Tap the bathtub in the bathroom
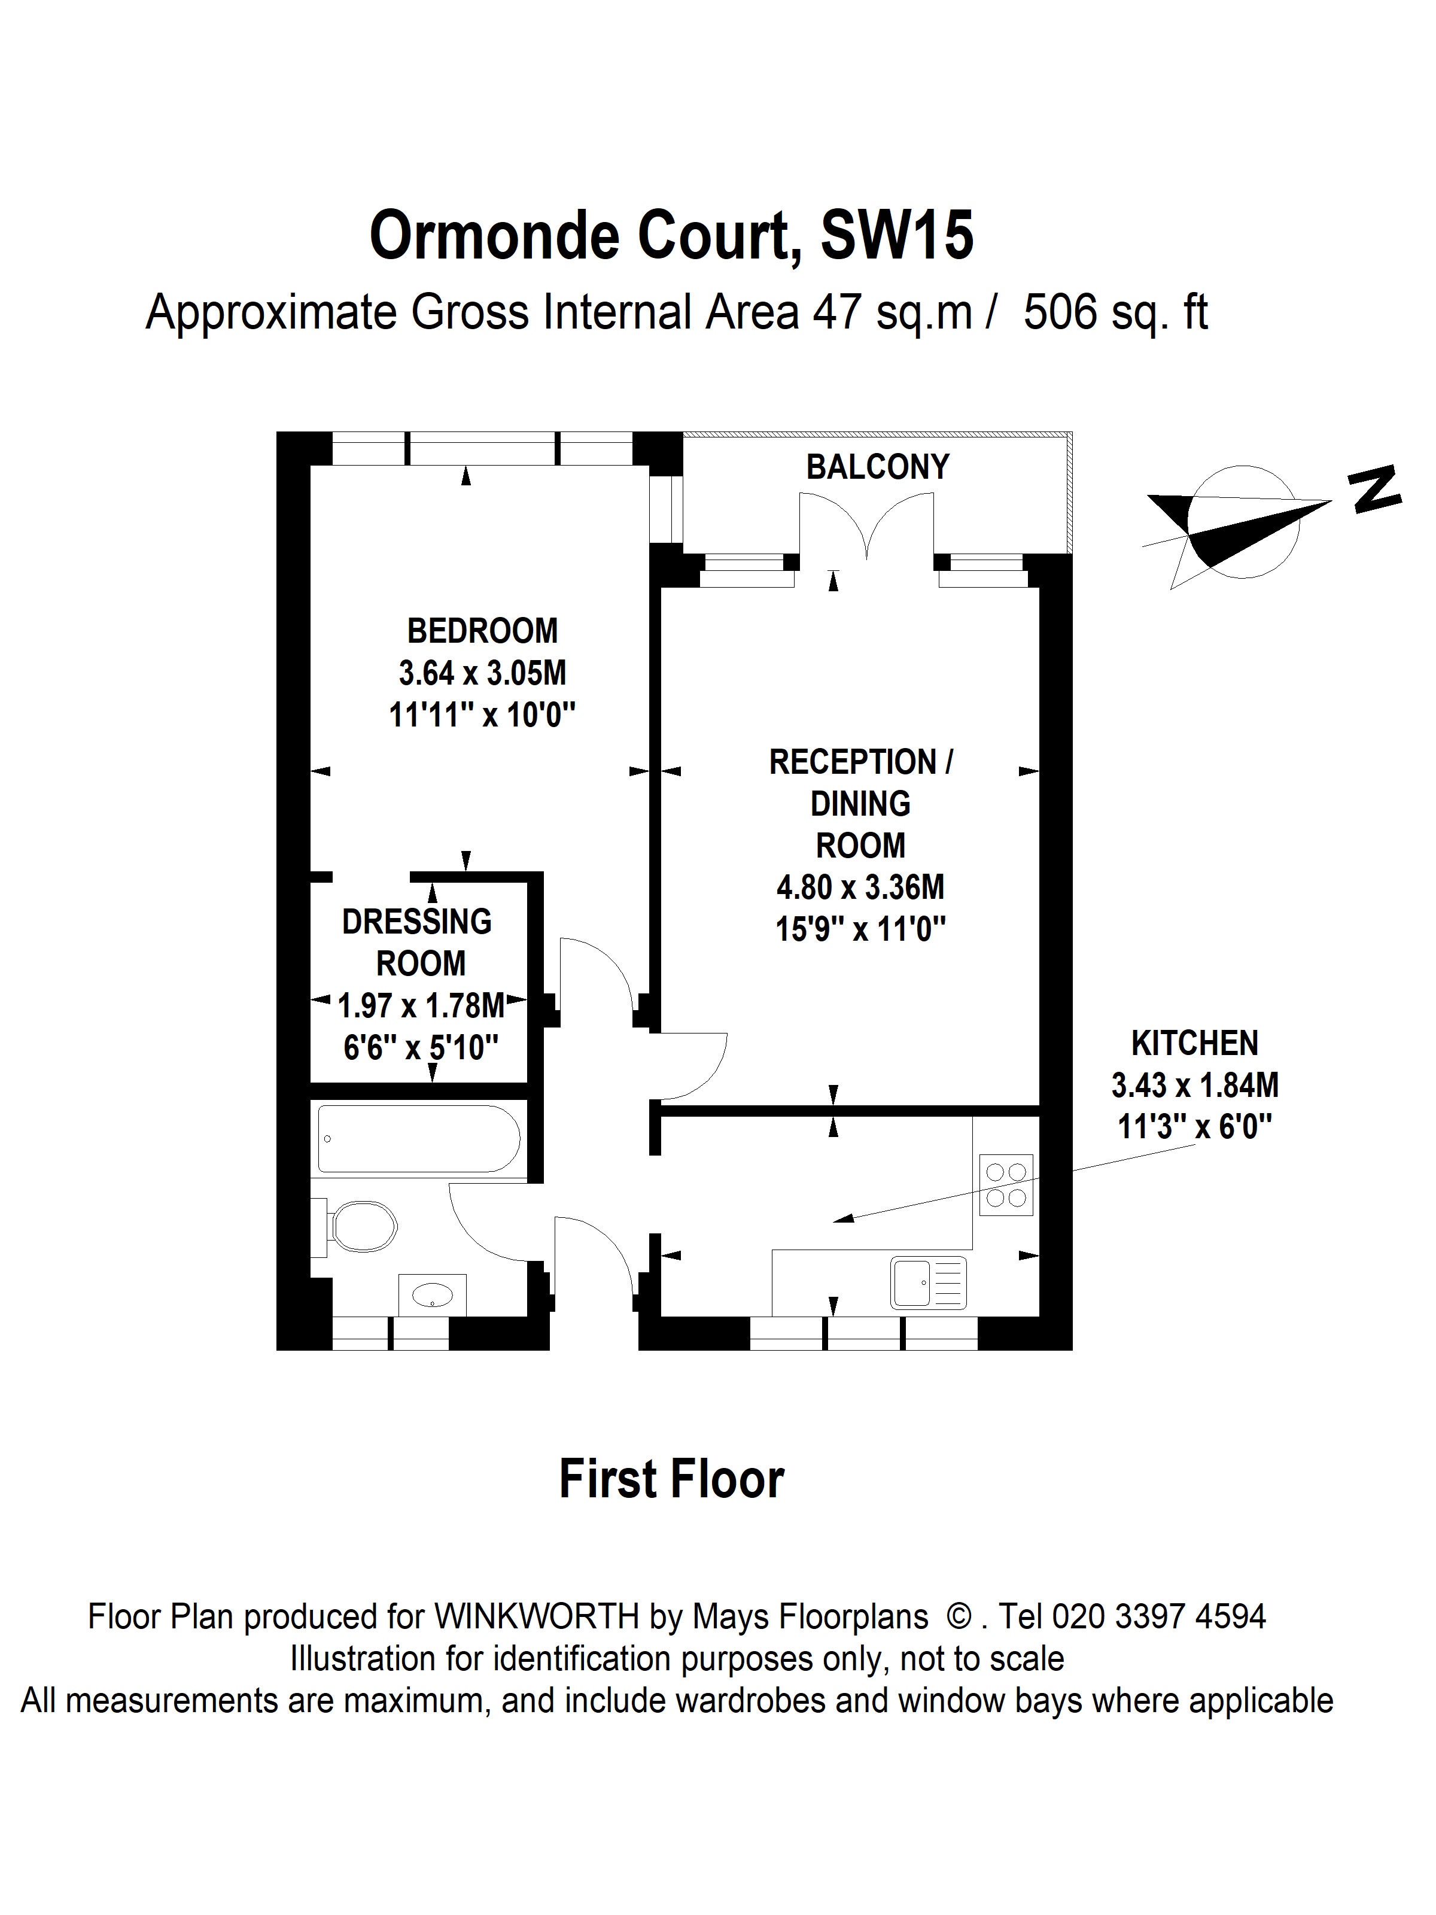coord(418,1138)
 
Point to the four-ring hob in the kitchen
coord(1006,1185)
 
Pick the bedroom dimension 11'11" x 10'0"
coord(482,715)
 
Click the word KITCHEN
coord(1194,1043)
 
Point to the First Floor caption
coord(672,1479)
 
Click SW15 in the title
coord(896,235)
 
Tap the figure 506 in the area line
coord(1060,312)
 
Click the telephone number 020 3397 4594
coord(1158,1616)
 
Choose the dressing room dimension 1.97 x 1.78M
coord(421,1006)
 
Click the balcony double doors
coord(866,527)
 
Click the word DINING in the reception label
coord(860,804)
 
